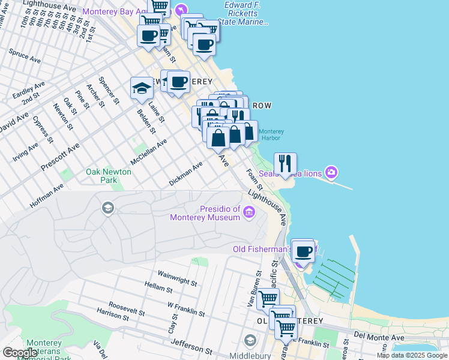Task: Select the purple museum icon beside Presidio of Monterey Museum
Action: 249,211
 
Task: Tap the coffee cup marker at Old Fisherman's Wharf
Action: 304,251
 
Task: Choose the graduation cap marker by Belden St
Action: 142,88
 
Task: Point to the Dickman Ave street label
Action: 185,174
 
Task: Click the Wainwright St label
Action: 178,278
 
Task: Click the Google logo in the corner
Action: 20,353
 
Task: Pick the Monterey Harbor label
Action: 271,135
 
